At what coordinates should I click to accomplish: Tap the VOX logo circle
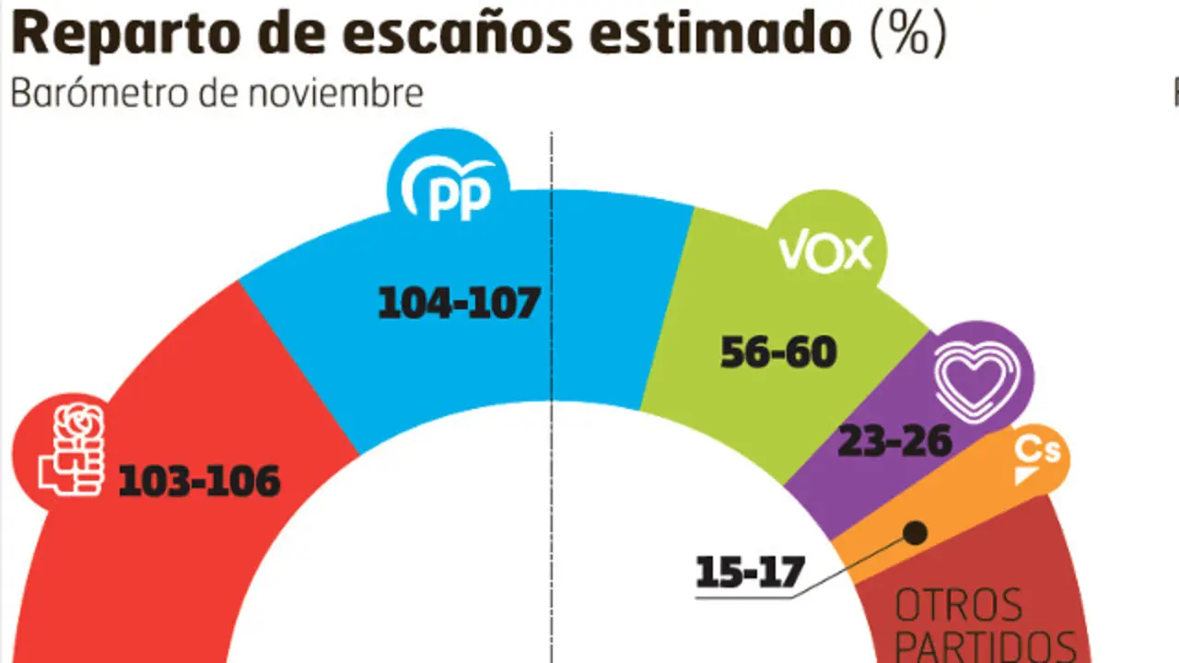pos(825,251)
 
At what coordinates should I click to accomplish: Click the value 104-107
pos(459,303)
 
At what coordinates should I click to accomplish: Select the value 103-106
pos(199,481)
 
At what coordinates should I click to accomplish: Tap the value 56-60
pos(778,352)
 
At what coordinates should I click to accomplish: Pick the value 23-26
pos(893,442)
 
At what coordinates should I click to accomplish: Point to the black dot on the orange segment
pos(915,532)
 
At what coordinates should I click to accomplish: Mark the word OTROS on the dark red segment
pos(958,607)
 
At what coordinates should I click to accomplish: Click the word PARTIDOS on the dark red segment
pos(986,646)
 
